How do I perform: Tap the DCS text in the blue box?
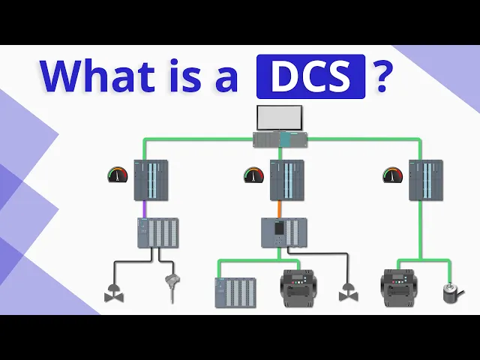(x=310, y=77)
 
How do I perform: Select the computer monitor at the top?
(x=280, y=118)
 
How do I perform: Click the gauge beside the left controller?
(x=118, y=175)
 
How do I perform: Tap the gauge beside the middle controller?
(x=253, y=175)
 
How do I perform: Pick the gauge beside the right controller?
(x=392, y=175)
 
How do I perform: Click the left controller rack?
(x=150, y=180)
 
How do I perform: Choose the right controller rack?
(x=425, y=180)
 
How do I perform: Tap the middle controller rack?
(x=286, y=180)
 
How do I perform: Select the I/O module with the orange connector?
(x=283, y=232)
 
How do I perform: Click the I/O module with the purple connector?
(x=158, y=232)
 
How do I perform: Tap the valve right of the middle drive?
(x=348, y=292)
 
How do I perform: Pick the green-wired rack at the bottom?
(x=235, y=292)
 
